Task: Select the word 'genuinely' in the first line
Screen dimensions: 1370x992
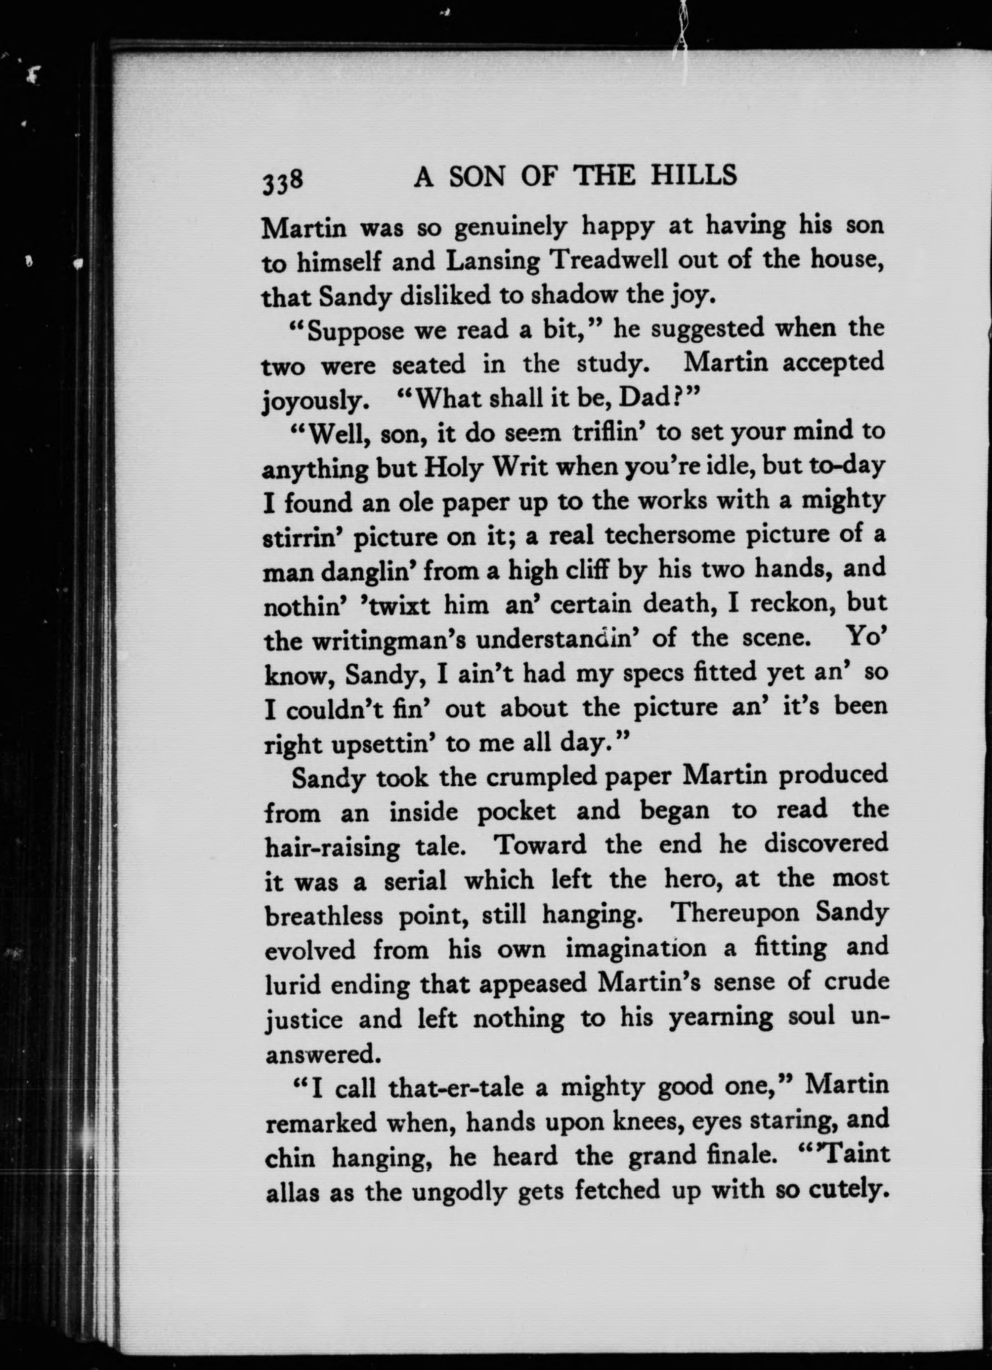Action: (510, 228)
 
